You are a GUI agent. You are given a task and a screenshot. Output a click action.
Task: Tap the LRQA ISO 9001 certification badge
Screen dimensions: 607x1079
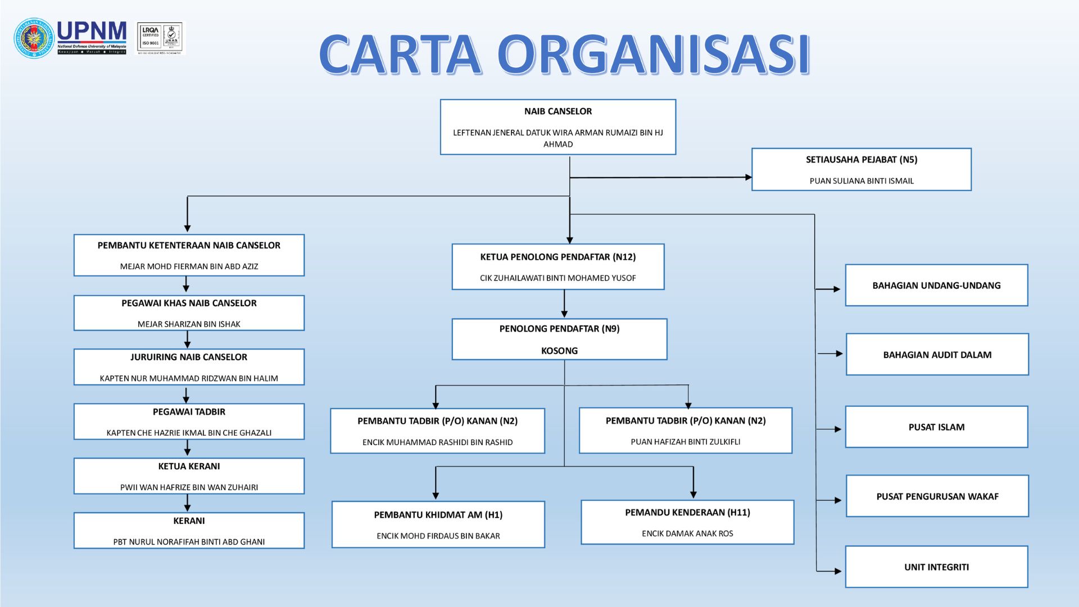(161, 38)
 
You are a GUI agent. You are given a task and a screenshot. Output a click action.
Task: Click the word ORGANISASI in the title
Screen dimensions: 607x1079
(653, 55)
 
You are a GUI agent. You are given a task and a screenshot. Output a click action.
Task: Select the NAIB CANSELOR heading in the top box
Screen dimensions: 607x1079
(557, 111)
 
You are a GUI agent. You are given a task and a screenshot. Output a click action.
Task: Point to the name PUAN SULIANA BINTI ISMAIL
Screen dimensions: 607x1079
(861, 181)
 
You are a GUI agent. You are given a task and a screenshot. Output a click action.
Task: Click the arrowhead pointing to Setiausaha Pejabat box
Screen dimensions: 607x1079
(748, 177)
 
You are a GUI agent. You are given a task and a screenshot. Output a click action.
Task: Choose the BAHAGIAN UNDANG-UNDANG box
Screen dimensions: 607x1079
(936, 286)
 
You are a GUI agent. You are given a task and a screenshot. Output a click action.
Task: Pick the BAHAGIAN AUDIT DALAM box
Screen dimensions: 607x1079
(937, 355)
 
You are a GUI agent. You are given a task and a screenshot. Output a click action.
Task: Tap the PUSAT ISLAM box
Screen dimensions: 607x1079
(936, 427)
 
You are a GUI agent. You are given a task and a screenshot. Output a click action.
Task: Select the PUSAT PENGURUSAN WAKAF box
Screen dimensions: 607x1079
(937, 496)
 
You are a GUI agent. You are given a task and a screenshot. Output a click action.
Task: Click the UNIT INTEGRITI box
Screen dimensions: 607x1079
(936, 567)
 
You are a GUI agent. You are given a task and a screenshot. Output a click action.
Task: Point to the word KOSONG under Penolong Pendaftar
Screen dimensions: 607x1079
(559, 351)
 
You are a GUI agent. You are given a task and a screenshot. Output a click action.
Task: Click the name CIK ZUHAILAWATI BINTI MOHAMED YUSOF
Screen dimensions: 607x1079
(557, 278)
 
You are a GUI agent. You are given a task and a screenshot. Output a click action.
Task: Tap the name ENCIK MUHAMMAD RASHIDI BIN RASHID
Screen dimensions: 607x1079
(437, 442)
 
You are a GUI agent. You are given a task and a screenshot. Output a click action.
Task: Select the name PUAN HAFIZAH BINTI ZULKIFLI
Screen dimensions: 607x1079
(685, 442)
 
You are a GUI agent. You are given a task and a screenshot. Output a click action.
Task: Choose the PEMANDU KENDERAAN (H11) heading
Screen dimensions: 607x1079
(687, 513)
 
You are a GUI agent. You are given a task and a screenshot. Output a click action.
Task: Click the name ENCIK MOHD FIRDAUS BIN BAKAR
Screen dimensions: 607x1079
(438, 536)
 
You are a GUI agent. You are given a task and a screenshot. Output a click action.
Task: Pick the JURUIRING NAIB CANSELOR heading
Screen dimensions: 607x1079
(189, 357)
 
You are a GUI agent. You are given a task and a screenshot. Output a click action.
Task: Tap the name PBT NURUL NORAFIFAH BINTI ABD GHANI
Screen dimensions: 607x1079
(189, 542)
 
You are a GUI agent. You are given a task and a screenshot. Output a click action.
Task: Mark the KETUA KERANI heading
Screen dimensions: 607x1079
(189, 466)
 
